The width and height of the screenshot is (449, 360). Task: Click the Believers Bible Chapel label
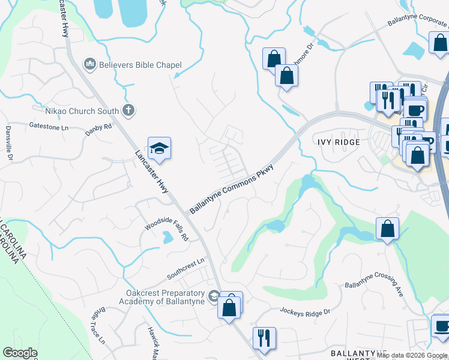140,65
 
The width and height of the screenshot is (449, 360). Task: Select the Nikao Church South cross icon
128,110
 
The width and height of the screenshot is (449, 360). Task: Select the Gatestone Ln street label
49,126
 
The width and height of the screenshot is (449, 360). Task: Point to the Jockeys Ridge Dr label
306,311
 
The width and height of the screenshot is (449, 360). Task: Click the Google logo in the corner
20,353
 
